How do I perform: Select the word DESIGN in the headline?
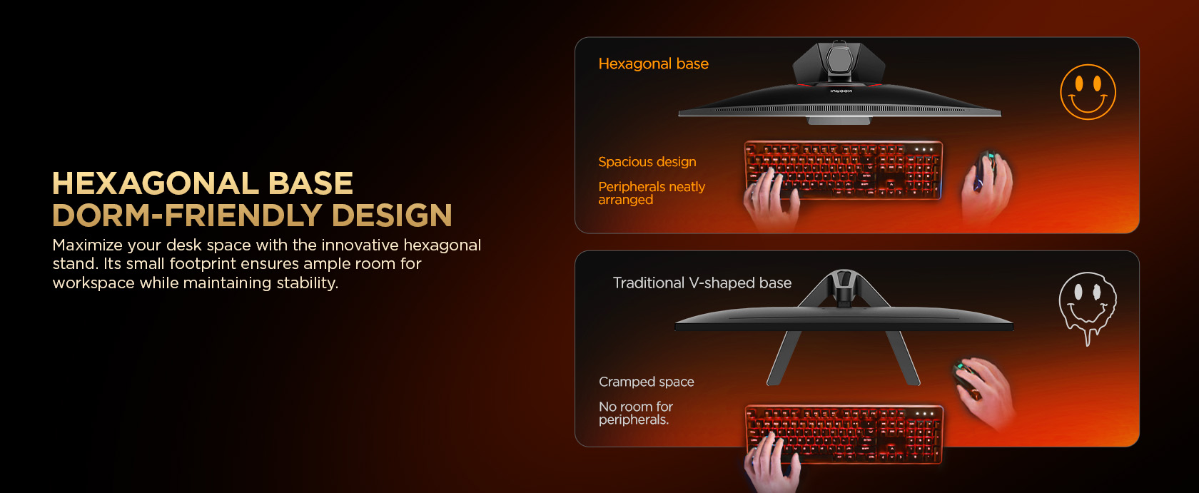pos(392,215)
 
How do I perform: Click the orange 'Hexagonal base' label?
pos(653,63)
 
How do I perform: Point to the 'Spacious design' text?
pos(647,162)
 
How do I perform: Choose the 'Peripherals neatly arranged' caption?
pos(652,193)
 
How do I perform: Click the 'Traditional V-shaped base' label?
pos(702,283)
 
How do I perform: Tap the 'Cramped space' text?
pos(646,382)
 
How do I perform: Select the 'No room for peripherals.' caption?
pos(635,413)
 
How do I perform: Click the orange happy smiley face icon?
pos(1088,91)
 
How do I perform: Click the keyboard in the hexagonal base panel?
pos(843,169)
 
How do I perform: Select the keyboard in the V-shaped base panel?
pos(844,434)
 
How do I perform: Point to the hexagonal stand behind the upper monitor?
pos(838,63)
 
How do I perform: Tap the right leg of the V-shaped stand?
pos(902,357)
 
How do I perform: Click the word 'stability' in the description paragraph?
pos(307,283)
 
